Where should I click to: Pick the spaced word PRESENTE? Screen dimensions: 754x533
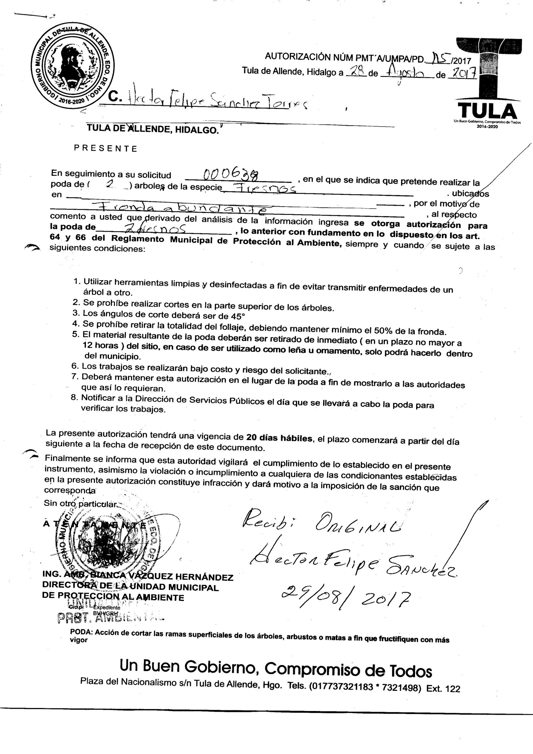coord(105,149)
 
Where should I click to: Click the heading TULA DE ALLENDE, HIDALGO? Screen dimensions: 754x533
coord(153,130)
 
